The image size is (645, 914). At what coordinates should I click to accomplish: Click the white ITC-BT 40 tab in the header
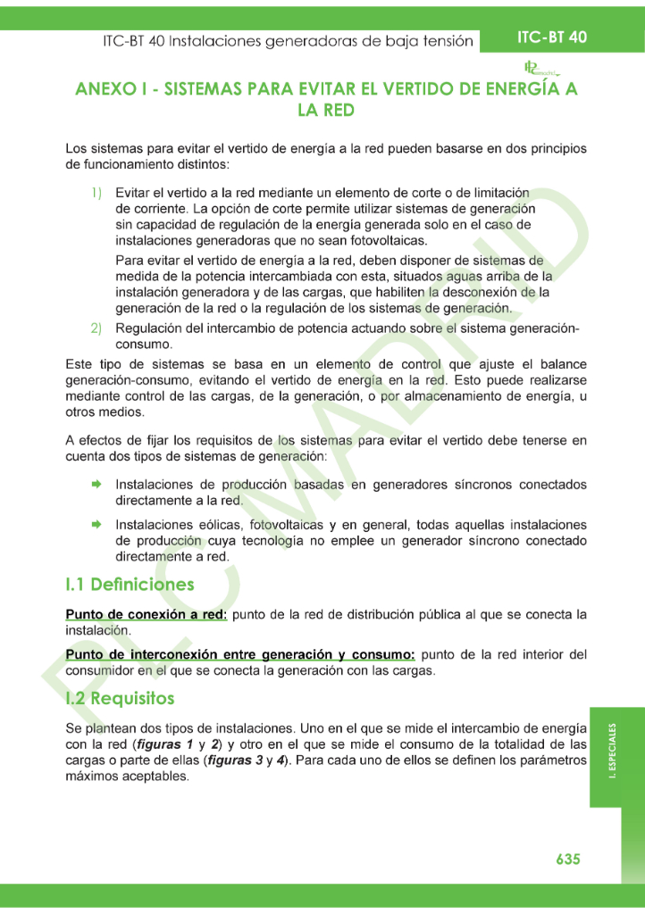pyautogui.click(x=552, y=37)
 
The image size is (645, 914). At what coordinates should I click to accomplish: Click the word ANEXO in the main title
pyautogui.click(x=107, y=89)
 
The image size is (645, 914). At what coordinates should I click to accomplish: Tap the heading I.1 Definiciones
pyautogui.click(x=130, y=585)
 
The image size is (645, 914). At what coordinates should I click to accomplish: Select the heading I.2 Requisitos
pyautogui.click(x=120, y=697)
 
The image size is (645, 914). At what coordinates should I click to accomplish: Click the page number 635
pyautogui.click(x=568, y=859)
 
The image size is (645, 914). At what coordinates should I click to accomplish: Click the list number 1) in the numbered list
pyautogui.click(x=96, y=193)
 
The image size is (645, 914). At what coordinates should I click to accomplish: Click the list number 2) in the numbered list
pyautogui.click(x=96, y=328)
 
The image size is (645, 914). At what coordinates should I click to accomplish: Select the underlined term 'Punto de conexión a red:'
pyautogui.click(x=147, y=615)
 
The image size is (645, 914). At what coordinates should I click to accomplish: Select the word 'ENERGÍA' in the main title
pyautogui.click(x=519, y=89)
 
